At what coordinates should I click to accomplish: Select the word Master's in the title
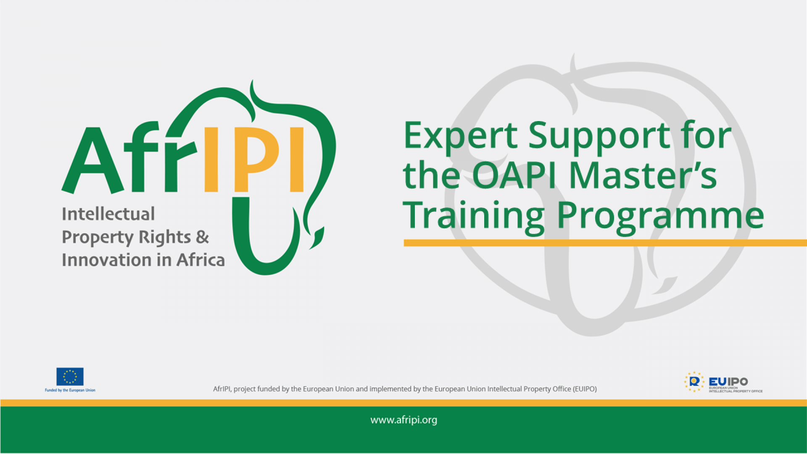coord(643,175)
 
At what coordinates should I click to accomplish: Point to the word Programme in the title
coord(660,215)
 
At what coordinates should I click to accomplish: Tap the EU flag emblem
coord(70,377)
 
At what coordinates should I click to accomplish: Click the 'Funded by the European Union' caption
coord(70,391)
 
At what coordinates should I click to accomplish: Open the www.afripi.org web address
coord(403,420)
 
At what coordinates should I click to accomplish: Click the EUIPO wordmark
coord(728,381)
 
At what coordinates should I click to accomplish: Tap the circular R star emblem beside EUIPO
coord(694,382)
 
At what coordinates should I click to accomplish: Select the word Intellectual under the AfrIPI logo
coord(108,214)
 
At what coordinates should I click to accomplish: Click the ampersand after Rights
coord(202,237)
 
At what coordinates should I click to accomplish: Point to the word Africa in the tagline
coord(200,260)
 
